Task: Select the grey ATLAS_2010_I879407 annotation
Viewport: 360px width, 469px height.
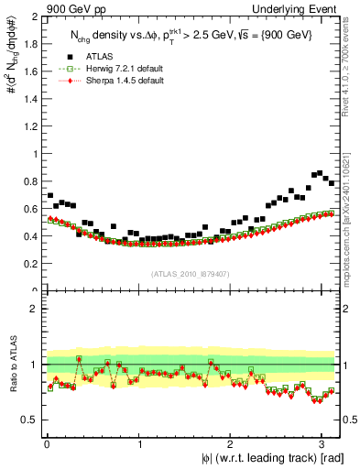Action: coord(190,273)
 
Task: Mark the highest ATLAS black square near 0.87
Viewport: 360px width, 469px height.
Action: coord(319,172)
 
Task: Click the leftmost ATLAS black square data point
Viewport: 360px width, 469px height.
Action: coord(49,196)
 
